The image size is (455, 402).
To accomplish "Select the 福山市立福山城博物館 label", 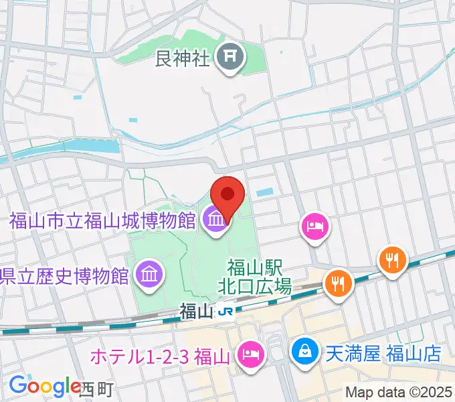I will coord(102,219).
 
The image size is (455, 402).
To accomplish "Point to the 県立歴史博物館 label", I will coord(64,275).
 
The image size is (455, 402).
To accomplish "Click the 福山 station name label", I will coord(196,312).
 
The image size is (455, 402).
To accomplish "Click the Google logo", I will coord(44,386).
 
